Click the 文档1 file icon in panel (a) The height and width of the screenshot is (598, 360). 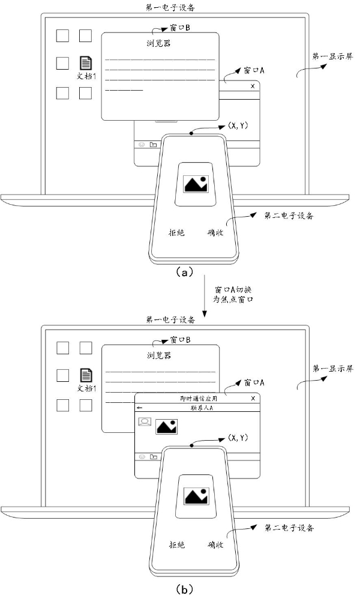click(x=86, y=62)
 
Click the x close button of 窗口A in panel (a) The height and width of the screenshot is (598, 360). click(x=253, y=86)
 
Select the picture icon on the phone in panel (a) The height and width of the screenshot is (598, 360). click(x=196, y=184)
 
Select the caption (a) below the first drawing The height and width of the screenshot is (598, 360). click(x=184, y=272)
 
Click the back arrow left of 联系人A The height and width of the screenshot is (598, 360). click(x=140, y=408)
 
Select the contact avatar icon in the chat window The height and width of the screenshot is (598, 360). click(x=145, y=422)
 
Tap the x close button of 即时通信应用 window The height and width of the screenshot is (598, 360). click(x=253, y=398)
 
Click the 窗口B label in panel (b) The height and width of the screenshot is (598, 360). click(x=180, y=340)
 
